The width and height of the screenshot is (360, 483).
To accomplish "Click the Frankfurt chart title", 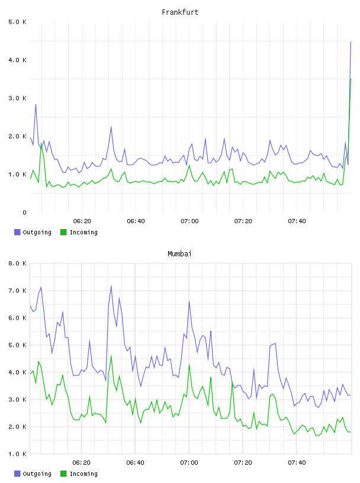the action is pos(180,12).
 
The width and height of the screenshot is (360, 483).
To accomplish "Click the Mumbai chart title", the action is pos(179,254).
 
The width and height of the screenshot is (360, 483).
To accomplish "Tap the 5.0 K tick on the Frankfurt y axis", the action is pos(17,22).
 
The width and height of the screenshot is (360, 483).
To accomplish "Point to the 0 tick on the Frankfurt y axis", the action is pos(24,212).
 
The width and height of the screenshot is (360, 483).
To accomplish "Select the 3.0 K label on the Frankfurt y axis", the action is pos(17,98).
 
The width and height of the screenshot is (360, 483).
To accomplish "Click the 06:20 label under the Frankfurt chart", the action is pos(82,221).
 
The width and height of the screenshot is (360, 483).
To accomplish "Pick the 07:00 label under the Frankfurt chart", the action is pos(189,221).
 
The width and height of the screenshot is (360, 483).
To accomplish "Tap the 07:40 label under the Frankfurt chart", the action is pos(297,221).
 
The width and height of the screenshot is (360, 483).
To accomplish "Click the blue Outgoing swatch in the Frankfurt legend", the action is pos(17,232).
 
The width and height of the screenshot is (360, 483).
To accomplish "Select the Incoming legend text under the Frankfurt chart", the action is pos(83,232).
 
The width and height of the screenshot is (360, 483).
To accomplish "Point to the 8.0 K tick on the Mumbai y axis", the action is pos(17,263).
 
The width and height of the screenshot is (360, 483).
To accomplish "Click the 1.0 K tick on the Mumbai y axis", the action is pos(17,454).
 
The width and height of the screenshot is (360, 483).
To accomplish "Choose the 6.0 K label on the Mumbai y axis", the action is pos(17,318).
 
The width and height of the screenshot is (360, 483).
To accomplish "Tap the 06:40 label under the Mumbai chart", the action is pos(136,463).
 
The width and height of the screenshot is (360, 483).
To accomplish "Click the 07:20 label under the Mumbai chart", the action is pos(243,463).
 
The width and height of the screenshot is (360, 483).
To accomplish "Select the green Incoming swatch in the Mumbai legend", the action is pos(63,474).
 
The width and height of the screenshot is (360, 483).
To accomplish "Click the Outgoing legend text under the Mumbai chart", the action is pos(37,474).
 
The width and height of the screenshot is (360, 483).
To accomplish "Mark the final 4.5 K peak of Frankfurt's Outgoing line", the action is pos(351,41).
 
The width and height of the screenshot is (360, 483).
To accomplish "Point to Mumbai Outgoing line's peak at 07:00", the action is pos(189,301).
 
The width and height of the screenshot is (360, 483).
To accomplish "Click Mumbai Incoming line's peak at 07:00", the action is pos(189,365).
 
